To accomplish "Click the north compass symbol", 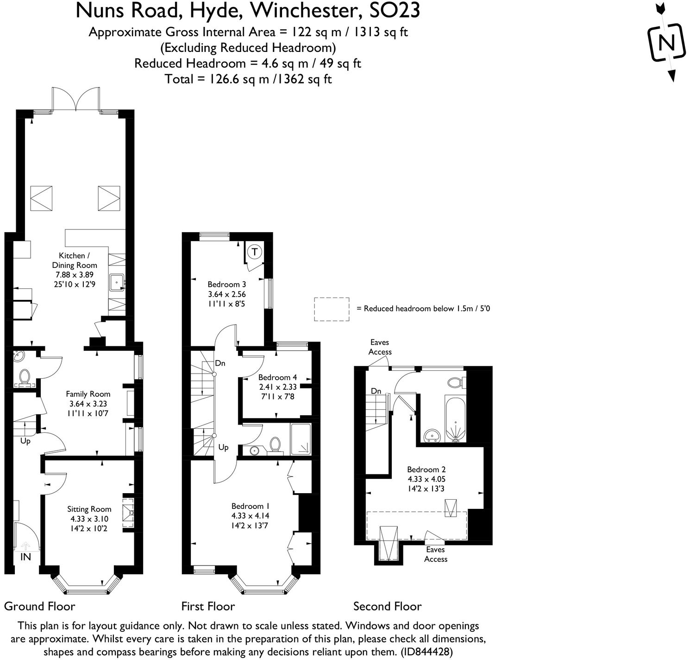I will pyautogui.click(x=666, y=43).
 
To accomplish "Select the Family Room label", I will pyautogui.click(x=88, y=394).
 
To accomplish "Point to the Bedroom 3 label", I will pyautogui.click(x=226, y=285).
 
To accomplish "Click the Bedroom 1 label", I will pyautogui.click(x=251, y=506).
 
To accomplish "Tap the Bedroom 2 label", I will pyautogui.click(x=426, y=470).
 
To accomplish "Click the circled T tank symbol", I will pyautogui.click(x=254, y=252).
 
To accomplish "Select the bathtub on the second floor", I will pyautogui.click(x=456, y=418).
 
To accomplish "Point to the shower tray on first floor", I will pyautogui.click(x=301, y=438).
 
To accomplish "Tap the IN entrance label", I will pyautogui.click(x=25, y=557).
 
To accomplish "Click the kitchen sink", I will pyautogui.click(x=116, y=282).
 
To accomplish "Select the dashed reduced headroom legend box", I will pyautogui.click(x=332, y=309).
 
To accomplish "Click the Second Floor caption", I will pyautogui.click(x=387, y=606).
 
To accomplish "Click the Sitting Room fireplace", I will pyautogui.click(x=128, y=512).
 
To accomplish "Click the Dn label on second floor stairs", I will pyautogui.click(x=376, y=391).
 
